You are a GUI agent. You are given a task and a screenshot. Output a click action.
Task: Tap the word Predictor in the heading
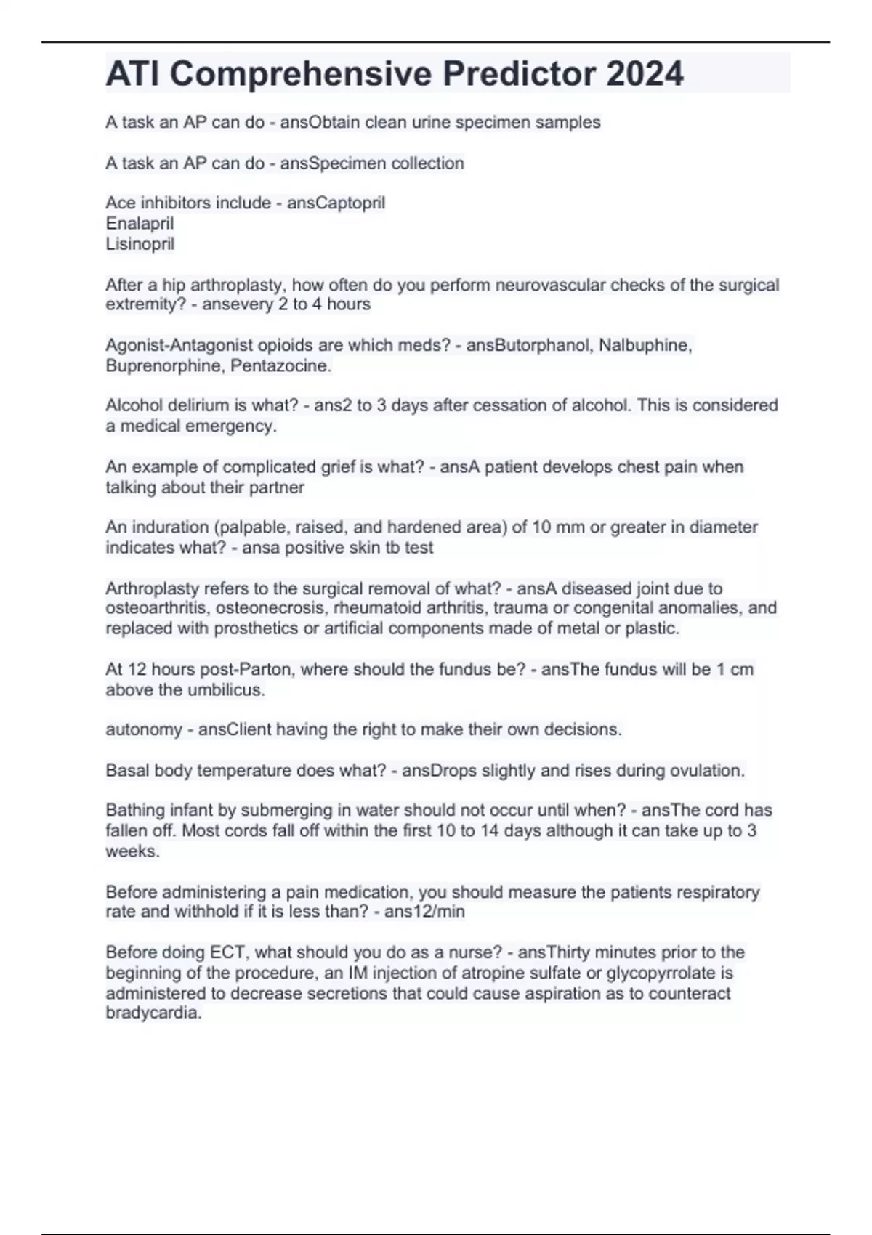coord(519,73)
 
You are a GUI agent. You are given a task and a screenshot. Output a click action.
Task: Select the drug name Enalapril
coord(140,223)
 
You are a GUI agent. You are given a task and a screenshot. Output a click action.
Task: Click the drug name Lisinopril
coord(140,243)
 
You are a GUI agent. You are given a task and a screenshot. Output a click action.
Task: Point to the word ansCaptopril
coord(336,203)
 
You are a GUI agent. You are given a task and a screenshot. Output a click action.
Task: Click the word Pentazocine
coord(280,365)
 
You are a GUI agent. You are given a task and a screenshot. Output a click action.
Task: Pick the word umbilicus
coord(226,689)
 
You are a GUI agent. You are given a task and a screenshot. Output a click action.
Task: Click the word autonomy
coord(143,729)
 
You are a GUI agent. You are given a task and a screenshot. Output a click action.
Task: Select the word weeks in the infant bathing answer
coord(132,851)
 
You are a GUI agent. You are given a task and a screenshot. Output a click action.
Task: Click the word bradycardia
coord(153,1013)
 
